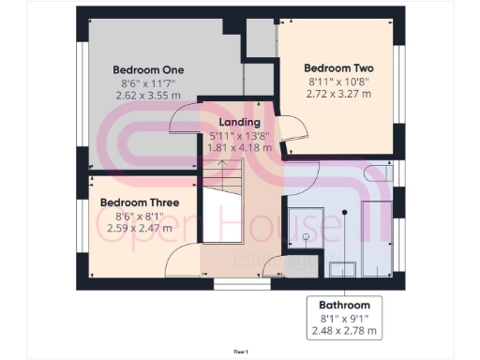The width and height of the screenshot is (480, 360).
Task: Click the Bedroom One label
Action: (x=148, y=69)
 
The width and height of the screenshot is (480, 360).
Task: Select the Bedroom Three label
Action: (x=133, y=201)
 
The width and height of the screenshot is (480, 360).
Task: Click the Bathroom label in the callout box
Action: (x=344, y=305)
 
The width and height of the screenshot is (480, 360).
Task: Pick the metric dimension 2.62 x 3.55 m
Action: (x=148, y=96)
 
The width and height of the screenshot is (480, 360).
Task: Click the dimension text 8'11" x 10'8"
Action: (x=338, y=82)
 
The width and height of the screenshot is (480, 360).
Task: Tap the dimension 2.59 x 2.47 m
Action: (x=133, y=227)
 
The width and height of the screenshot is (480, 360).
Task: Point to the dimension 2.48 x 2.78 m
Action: (x=344, y=331)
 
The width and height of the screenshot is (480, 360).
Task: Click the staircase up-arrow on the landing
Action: (x=222, y=165)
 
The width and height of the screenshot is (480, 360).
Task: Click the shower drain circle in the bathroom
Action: (x=344, y=212)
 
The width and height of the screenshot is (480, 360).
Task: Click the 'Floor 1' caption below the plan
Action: (x=240, y=351)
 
